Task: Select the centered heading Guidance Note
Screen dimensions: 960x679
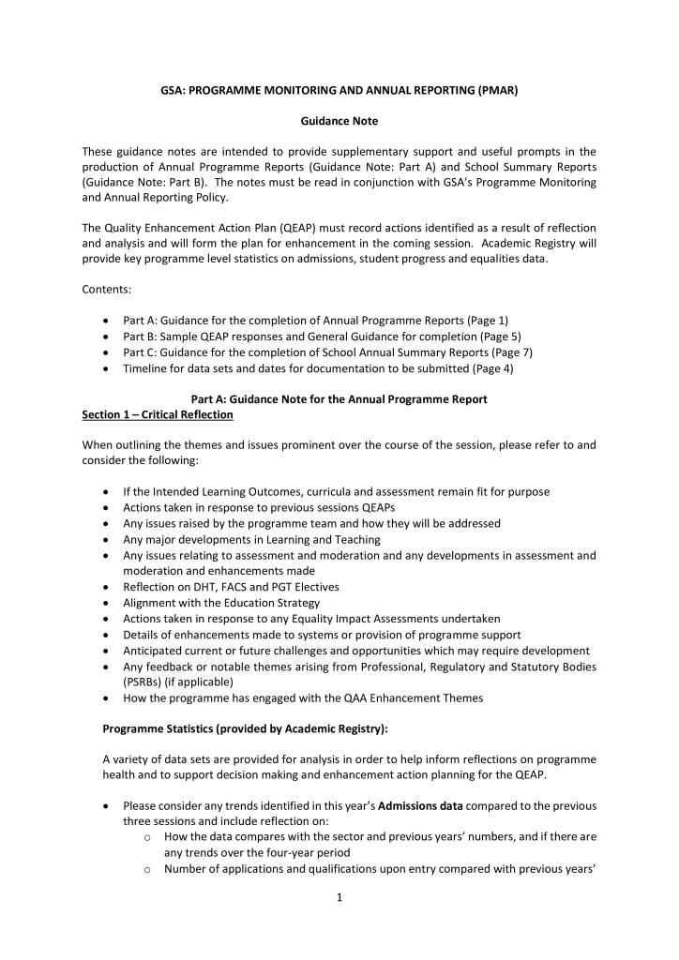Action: point(339,121)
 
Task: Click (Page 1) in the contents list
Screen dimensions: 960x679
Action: point(487,321)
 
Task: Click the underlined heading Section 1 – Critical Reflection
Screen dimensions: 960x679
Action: point(158,414)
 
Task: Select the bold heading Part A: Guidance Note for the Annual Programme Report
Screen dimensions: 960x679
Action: point(339,399)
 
